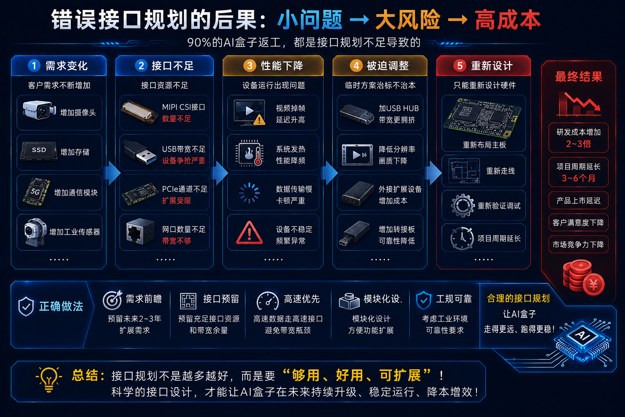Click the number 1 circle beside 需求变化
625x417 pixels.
(34, 66)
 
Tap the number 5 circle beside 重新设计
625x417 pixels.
(459, 66)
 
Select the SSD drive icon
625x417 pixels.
(39, 151)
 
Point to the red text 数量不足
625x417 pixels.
(176, 119)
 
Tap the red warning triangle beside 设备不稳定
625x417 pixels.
(249, 233)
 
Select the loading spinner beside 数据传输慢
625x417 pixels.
(249, 193)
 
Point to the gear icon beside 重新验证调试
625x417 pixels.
(462, 206)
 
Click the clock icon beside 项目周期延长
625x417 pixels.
(462, 238)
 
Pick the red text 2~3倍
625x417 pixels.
(578, 144)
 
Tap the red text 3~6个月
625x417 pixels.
(578, 178)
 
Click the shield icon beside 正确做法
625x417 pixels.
(26, 306)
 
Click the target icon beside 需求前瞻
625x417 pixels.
(112, 300)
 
